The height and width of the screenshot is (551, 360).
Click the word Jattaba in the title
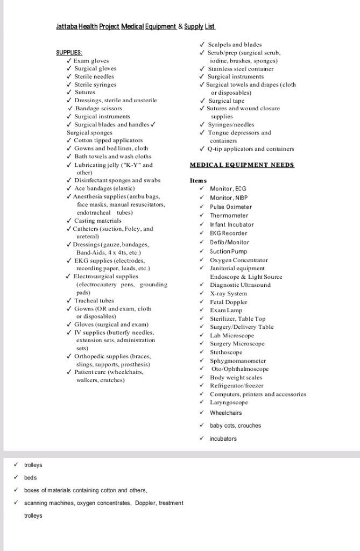click(x=67, y=26)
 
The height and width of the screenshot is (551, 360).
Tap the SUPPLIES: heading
click(x=69, y=53)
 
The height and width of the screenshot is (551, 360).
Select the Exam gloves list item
click(x=91, y=61)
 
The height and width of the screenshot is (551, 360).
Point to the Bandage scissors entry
click(x=98, y=108)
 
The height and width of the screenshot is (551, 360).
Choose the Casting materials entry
click(x=98, y=221)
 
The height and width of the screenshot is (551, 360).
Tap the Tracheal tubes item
click(x=94, y=301)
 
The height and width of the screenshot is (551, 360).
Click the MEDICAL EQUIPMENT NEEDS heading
click(x=242, y=165)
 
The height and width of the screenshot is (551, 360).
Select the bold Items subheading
click(x=198, y=181)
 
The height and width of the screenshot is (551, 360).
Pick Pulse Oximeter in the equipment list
click(x=231, y=207)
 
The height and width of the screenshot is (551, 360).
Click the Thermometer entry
click(x=229, y=216)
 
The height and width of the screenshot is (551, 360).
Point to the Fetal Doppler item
click(x=229, y=302)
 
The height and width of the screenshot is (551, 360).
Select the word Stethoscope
click(x=226, y=352)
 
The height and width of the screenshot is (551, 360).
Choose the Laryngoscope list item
click(x=229, y=402)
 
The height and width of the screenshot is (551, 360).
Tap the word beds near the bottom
click(x=30, y=478)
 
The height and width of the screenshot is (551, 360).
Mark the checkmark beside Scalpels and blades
click(x=201, y=45)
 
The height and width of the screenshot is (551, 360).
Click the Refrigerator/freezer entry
click(x=237, y=386)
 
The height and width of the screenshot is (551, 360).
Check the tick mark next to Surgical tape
click(x=202, y=101)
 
